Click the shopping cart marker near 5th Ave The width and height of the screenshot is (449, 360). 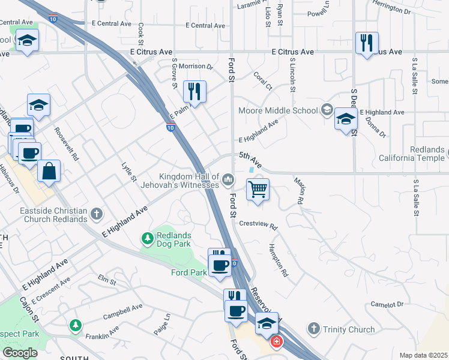tap(258, 190)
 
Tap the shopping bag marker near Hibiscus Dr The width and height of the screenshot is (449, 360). tap(49, 170)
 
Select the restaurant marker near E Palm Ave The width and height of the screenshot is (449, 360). tap(194, 92)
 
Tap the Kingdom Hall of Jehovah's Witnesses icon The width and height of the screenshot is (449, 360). tap(228, 179)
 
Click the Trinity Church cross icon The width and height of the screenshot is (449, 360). tap(313, 329)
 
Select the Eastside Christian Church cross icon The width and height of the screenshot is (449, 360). tap(96, 214)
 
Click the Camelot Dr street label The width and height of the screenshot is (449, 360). tap(387, 305)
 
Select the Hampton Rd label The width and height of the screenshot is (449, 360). tap(280, 259)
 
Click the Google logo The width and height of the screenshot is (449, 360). tap(20, 353)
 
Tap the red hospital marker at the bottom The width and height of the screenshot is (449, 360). tap(276, 343)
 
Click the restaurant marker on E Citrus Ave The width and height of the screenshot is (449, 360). tap(366, 43)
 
